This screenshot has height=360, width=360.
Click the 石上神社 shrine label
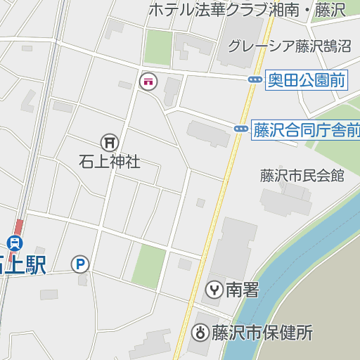point(110,162)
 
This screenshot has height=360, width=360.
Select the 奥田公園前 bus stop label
point(307,80)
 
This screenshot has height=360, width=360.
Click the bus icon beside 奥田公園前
point(255,79)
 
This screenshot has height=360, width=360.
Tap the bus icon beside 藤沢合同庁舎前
point(240,129)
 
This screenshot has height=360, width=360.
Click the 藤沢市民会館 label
point(302,176)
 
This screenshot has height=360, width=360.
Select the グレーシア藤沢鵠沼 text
point(289,46)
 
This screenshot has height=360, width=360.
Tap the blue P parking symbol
point(80,264)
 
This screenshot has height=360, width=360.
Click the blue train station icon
point(15,243)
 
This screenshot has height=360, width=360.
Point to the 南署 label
point(242,289)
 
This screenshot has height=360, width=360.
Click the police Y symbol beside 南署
point(214,289)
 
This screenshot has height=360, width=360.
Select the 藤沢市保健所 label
point(262,332)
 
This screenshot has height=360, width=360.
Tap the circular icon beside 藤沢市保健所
point(200,332)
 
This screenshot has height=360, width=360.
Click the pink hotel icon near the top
point(148,82)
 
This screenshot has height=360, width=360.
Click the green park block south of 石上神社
point(148,266)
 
